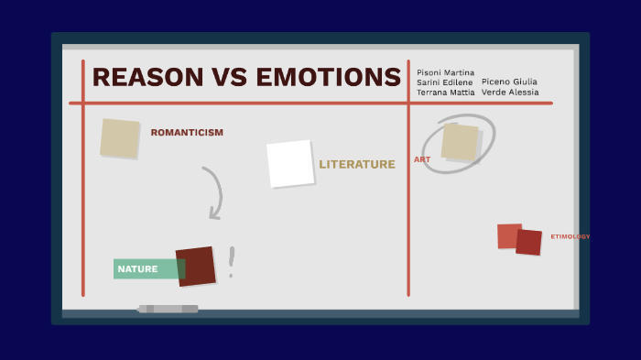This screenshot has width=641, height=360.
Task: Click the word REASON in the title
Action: (x=149, y=77)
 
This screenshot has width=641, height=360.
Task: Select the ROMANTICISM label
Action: (x=187, y=133)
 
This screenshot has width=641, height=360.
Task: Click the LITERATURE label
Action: (x=357, y=165)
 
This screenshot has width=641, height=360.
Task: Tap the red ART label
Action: (x=422, y=159)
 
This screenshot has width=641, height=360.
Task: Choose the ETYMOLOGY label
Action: (x=570, y=236)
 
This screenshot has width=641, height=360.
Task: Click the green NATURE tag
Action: (x=139, y=269)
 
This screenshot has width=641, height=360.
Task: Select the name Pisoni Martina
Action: (x=445, y=72)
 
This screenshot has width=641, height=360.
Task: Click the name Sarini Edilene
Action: (x=445, y=82)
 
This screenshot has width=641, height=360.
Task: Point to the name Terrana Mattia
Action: (x=445, y=93)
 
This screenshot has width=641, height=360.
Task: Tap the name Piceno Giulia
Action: (x=509, y=82)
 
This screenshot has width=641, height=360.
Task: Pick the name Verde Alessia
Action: (x=509, y=93)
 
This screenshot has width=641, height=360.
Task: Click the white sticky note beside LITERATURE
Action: (x=290, y=163)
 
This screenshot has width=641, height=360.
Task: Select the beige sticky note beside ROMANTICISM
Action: (x=120, y=138)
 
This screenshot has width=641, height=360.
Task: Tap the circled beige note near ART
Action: (x=460, y=142)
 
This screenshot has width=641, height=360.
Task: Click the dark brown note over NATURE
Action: (x=196, y=266)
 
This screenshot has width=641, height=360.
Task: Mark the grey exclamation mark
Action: (x=232, y=261)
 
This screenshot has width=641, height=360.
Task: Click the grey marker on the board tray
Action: (x=168, y=309)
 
